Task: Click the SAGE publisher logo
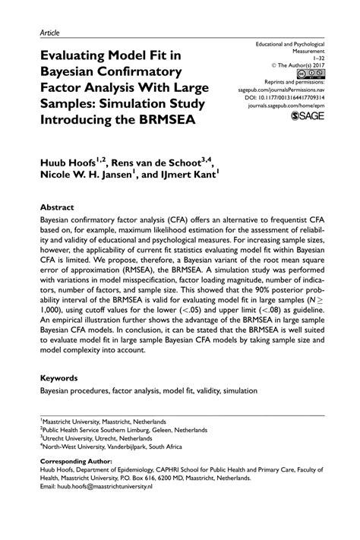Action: (307, 117)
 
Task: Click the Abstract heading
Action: (57, 207)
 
